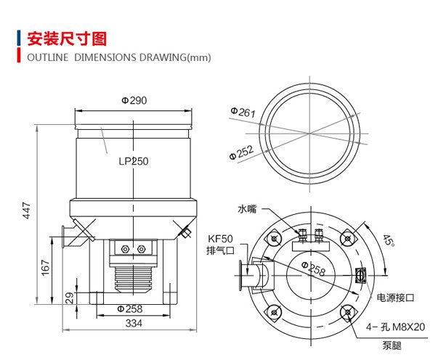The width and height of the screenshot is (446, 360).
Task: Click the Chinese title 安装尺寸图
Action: pos(67,39)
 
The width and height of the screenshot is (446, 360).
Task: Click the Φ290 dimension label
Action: pos(134,100)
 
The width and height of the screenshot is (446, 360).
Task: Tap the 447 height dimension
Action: pos(26,210)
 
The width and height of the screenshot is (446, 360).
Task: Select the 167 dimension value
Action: pos(46,267)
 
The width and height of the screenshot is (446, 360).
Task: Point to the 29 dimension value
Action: pos(70,298)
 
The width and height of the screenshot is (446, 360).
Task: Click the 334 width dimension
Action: pos(134,323)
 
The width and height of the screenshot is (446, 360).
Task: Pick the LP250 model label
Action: pos(134,161)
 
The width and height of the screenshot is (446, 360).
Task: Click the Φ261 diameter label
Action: pos(243,112)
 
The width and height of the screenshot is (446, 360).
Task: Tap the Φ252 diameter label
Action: pos(241,152)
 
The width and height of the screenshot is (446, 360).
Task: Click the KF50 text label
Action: pos(220,239)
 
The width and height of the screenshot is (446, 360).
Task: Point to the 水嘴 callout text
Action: pos(247,209)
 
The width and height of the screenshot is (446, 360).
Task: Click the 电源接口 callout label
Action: pos(395,298)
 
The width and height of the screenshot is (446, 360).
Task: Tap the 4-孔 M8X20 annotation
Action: pos(395,327)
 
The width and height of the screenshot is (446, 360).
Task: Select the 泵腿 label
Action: pos(392,345)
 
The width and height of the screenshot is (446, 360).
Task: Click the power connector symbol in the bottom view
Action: pos(361,275)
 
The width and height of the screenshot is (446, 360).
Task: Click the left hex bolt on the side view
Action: pos(125,250)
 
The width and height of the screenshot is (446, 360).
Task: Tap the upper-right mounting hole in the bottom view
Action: pos(347,238)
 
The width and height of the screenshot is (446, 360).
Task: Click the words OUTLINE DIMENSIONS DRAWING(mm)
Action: pos(119,57)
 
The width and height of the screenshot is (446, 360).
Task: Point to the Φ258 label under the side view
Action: pos(130,309)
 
